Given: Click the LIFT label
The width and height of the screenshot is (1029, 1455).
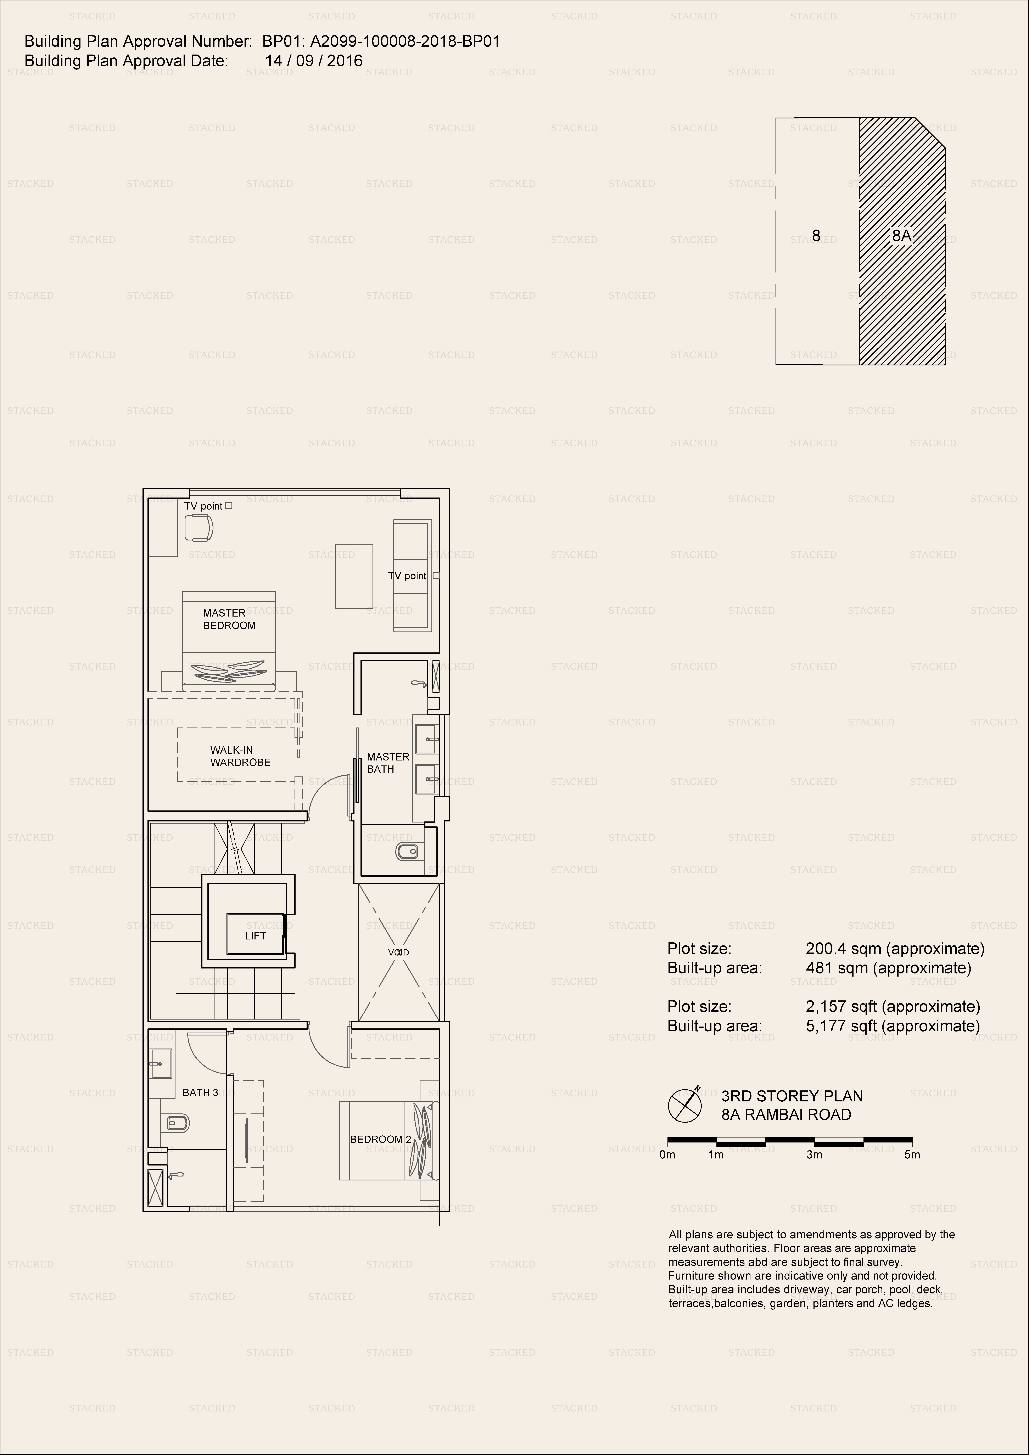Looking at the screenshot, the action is point(256,936).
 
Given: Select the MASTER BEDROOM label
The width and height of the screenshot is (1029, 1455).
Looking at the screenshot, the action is point(229,619).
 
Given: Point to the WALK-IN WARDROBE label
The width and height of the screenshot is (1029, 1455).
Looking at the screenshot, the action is point(240,756).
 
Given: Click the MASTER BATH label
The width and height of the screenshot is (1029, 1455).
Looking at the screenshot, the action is point(388,763).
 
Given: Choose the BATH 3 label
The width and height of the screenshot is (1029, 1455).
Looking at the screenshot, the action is point(200,1092).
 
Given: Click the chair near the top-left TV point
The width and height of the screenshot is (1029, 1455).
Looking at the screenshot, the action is point(198,527).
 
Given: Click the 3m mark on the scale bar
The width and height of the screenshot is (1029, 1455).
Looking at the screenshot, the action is point(814,1155).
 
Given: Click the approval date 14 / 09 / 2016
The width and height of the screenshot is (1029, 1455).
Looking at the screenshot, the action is point(314,61).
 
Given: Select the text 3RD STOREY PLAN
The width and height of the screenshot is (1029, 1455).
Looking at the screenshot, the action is point(792,1096).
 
